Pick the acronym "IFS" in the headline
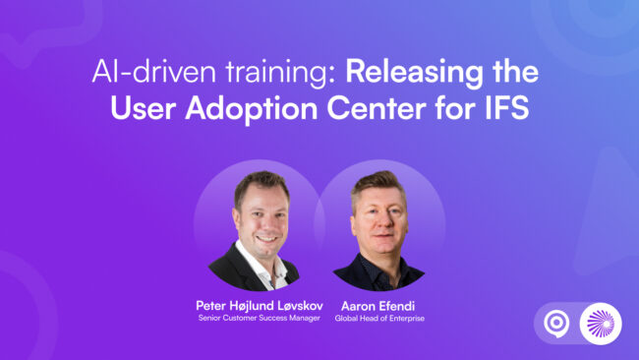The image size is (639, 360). (504, 107)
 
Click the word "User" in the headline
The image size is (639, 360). (146, 107)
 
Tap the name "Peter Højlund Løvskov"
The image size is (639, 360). (259, 306)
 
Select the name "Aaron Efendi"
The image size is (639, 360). (378, 306)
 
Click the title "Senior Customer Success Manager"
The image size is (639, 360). (259, 319)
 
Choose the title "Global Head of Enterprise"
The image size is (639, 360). (378, 319)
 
